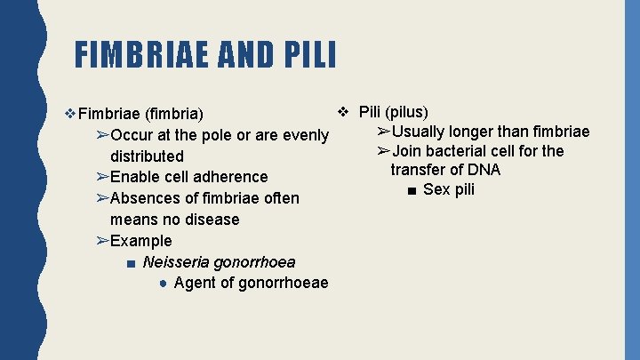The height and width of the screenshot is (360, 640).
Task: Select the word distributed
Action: pos(147,156)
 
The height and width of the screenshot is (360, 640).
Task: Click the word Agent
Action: pos(196,284)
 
